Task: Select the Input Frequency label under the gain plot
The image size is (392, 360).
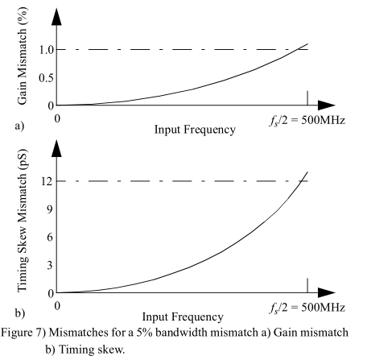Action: (x=195, y=130)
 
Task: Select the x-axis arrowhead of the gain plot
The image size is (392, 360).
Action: (x=326, y=105)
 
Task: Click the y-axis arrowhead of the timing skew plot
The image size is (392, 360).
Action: (x=56, y=146)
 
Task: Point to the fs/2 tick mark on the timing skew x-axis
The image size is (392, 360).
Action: (x=307, y=286)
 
